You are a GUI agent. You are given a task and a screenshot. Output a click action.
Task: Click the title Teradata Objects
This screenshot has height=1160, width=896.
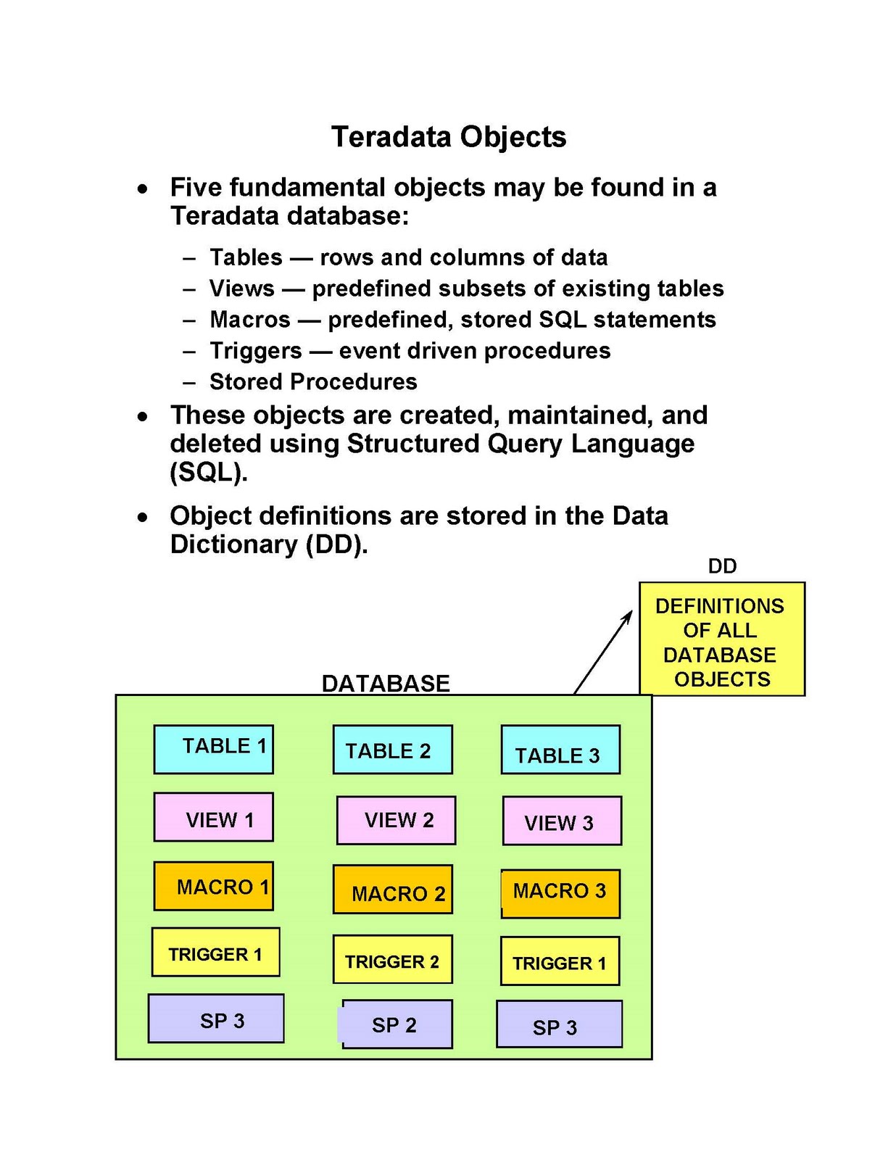[448, 137]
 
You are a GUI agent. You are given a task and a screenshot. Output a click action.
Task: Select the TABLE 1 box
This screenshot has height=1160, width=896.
[214, 749]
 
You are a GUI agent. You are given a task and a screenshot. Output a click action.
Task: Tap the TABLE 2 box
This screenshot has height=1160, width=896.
[392, 750]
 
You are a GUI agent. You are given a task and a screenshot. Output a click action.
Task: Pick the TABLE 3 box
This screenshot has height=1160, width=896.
[560, 750]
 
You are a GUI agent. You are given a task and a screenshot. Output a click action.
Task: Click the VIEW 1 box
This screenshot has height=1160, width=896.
[214, 817]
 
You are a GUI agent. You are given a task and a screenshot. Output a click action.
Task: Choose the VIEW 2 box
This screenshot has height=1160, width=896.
[397, 820]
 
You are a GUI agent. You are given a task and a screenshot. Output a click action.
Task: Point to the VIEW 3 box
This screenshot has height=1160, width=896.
[562, 821]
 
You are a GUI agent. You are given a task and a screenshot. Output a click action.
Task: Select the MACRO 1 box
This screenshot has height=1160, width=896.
[214, 886]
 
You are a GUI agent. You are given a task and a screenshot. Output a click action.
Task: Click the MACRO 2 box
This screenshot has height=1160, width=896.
[392, 889]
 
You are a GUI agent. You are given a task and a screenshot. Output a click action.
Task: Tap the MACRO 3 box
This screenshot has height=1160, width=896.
[560, 893]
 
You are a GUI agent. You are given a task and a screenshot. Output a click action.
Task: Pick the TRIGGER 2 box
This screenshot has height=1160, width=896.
[392, 959]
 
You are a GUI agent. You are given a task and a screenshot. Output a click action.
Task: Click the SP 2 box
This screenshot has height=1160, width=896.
[397, 1024]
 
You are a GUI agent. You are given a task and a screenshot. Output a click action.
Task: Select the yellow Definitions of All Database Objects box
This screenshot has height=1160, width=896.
[721, 639]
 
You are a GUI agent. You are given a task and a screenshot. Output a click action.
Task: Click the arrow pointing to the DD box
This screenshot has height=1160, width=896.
[603, 651]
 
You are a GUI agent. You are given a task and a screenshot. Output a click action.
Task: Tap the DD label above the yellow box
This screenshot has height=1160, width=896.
[722, 566]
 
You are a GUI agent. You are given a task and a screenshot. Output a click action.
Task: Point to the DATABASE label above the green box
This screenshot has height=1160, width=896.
[386, 683]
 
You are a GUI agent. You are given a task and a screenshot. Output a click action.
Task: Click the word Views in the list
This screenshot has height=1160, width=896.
[242, 289]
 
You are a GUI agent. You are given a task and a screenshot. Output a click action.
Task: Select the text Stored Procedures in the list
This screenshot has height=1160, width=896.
[313, 381]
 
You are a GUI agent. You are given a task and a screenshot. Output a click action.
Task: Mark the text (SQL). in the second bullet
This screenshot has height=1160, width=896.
[209, 472]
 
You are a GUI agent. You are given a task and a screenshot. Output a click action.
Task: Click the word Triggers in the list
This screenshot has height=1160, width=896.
[255, 351]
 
